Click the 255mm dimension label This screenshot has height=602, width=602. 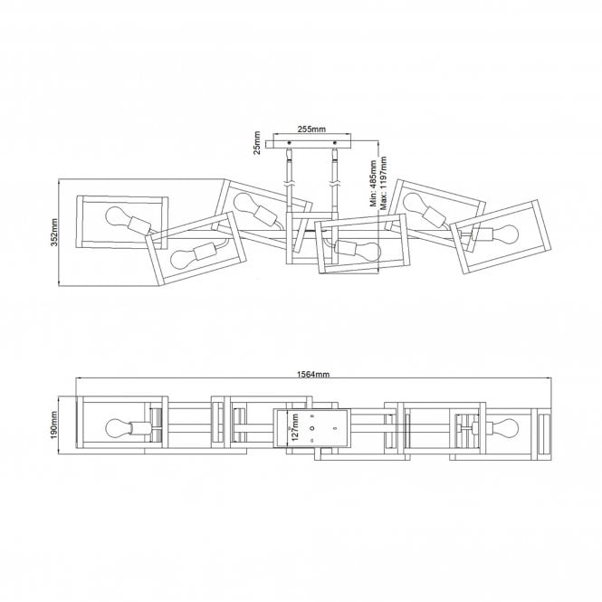[x=311, y=129]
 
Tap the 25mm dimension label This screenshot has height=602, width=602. [x=257, y=143]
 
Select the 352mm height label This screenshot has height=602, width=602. [x=54, y=233]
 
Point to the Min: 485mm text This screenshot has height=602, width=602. [x=373, y=184]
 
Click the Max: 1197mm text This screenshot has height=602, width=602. [x=383, y=183]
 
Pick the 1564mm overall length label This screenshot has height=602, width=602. [x=313, y=374]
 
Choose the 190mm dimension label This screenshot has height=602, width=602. [x=53, y=425]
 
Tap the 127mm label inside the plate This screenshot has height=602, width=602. [x=295, y=427]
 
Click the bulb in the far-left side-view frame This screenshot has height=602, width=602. [x=118, y=216]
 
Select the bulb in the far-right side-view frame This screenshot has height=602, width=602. [x=506, y=234]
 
